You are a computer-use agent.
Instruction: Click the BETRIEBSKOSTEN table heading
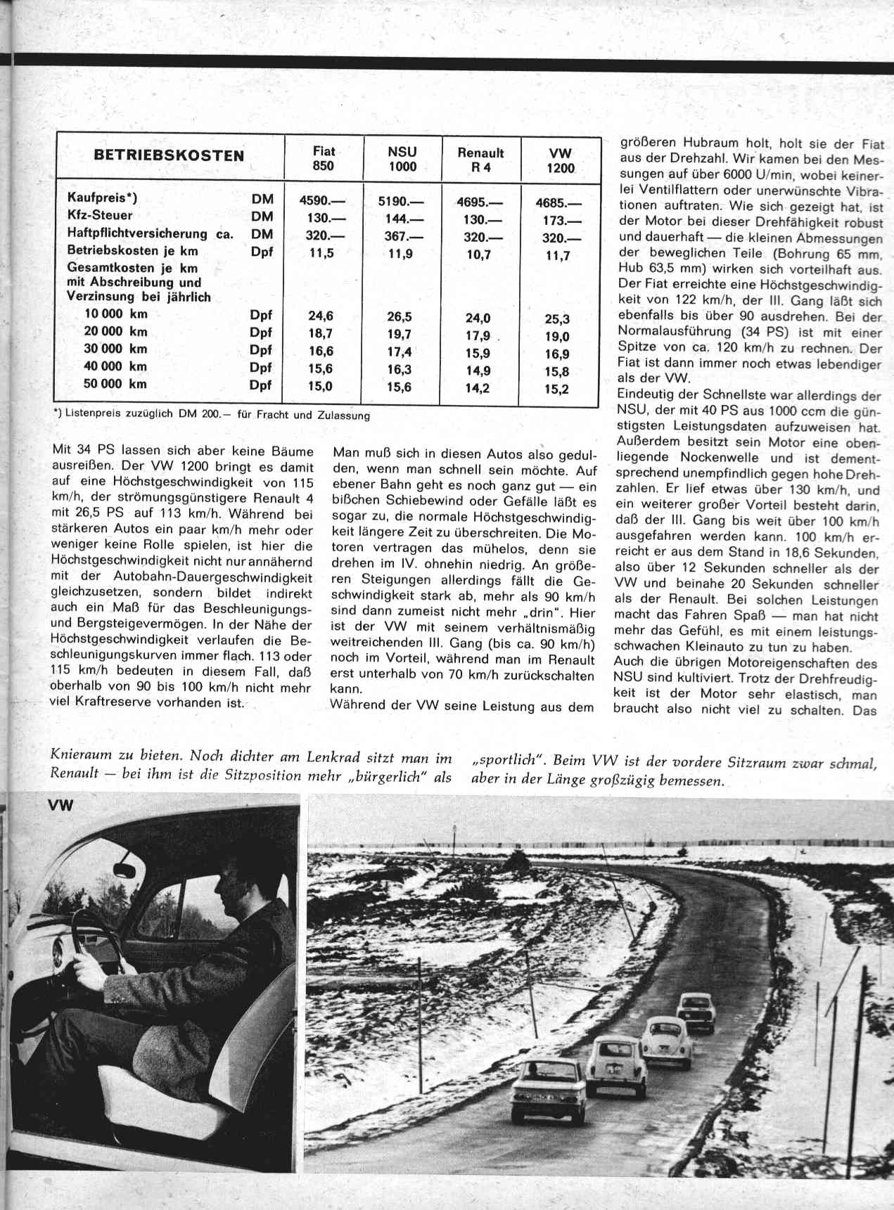[x=170, y=156]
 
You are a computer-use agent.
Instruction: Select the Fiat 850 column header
[x=324, y=160]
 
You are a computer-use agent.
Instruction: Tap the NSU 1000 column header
[x=402, y=160]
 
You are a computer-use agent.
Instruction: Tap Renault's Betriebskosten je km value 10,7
[x=478, y=255]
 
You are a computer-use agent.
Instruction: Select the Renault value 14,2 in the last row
[x=478, y=388]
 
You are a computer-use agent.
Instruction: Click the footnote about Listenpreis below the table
[x=211, y=415]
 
